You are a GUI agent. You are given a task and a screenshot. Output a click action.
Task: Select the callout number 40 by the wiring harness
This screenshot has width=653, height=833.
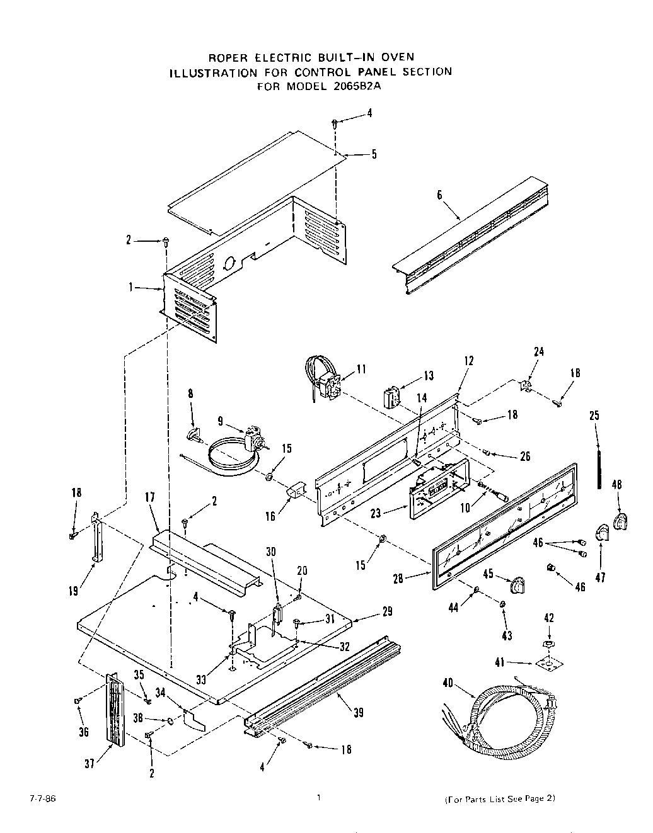pos(448,681)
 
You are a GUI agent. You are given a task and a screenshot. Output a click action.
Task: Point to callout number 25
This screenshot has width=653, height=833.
pos(594,416)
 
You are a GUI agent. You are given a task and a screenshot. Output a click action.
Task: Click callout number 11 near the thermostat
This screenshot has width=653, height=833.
pos(361,369)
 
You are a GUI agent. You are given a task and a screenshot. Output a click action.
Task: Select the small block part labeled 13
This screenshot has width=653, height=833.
pos(391,398)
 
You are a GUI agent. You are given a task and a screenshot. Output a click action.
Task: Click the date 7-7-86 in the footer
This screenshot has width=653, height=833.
pos(38,798)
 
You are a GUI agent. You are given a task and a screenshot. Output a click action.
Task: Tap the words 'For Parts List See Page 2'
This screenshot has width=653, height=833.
pos(500,799)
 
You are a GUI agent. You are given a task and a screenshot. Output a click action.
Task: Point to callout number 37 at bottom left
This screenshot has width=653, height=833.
pos(90,763)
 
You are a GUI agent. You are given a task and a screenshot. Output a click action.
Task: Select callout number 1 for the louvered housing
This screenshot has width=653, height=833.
pos(131,287)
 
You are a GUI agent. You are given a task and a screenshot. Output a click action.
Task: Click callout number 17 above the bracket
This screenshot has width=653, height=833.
pos(149,515)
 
